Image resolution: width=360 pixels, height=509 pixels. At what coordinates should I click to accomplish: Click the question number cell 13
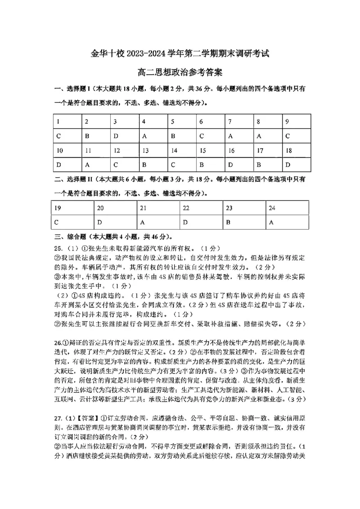point(145,151)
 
